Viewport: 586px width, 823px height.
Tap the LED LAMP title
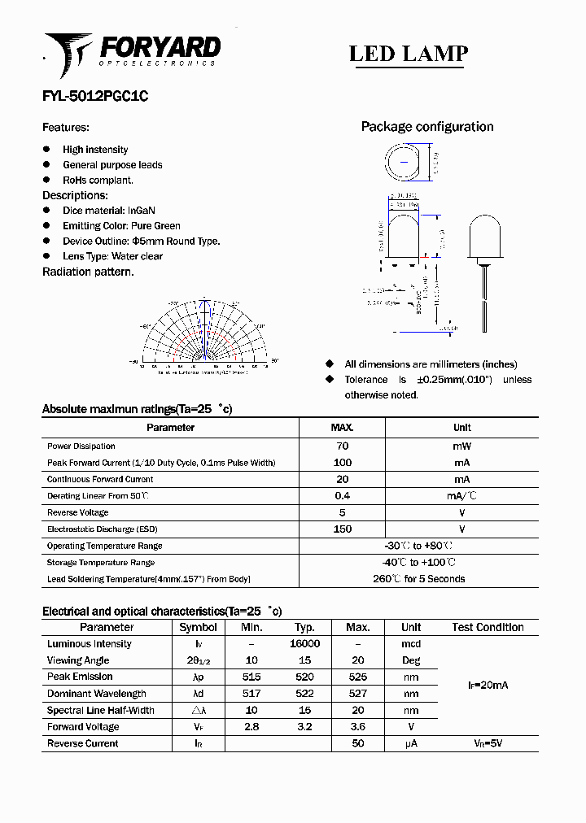click(x=408, y=54)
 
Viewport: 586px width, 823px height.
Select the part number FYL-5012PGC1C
click(x=95, y=95)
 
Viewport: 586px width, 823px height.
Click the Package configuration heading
click(x=426, y=127)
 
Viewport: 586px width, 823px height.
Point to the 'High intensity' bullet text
click(x=95, y=150)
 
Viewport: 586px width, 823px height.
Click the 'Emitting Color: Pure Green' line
click(x=121, y=226)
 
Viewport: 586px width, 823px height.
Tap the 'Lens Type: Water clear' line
click(x=112, y=256)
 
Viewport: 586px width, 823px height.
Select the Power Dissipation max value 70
click(x=342, y=446)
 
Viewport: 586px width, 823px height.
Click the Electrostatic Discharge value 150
click(x=342, y=529)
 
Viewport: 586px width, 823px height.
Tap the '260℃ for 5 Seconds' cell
click(x=418, y=579)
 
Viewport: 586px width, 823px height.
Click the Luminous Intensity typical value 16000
click(x=304, y=643)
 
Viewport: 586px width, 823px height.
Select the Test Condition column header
click(x=488, y=627)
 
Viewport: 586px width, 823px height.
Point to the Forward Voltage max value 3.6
click(x=357, y=727)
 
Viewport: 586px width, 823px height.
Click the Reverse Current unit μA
click(x=410, y=743)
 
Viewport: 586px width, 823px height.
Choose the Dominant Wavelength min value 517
click(x=251, y=694)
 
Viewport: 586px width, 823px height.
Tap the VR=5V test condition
click(x=488, y=743)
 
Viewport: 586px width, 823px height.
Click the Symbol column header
click(x=198, y=627)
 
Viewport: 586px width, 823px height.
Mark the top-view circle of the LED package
click(x=405, y=163)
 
